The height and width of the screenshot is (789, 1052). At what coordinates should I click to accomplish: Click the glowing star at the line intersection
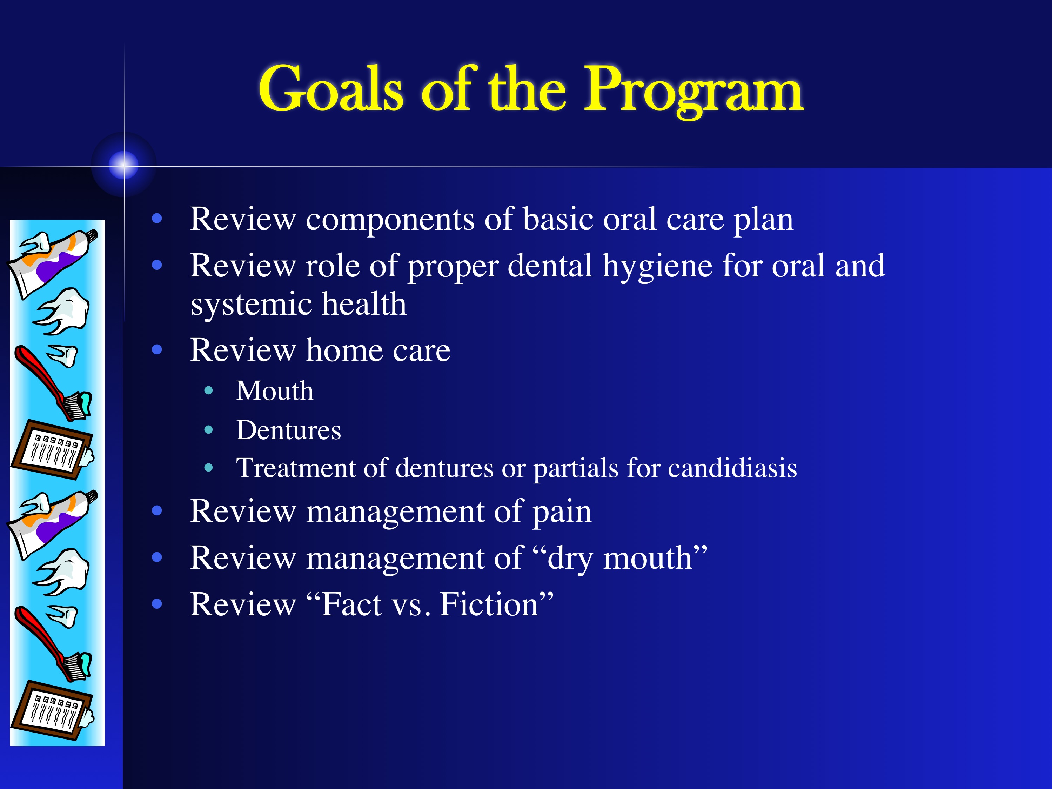124,165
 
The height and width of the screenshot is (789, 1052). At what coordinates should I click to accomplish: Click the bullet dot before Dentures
208,430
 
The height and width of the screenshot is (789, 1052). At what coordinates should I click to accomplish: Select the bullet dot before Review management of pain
157,511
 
